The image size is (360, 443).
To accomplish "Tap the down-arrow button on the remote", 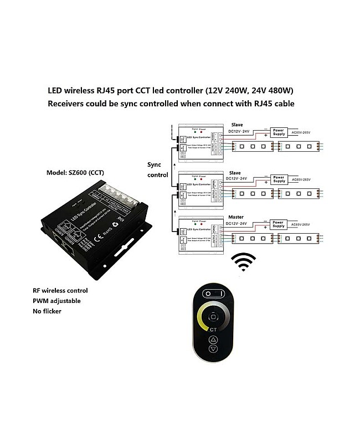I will [x=213, y=349].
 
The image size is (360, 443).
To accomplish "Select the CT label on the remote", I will [x=213, y=329].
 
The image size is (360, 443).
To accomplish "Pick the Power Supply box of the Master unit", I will [x=279, y=224].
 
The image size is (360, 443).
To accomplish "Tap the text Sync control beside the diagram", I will [x=157, y=169].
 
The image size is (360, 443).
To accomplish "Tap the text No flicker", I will [x=47, y=311].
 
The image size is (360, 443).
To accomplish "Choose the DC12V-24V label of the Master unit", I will [x=239, y=224].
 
